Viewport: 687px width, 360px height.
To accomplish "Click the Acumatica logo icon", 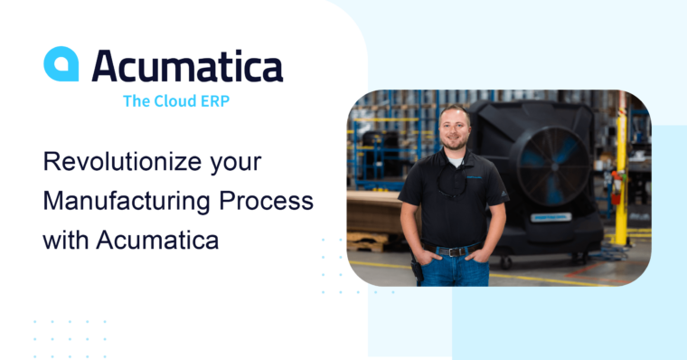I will [61, 65].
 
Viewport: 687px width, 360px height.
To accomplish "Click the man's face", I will [455, 130].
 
